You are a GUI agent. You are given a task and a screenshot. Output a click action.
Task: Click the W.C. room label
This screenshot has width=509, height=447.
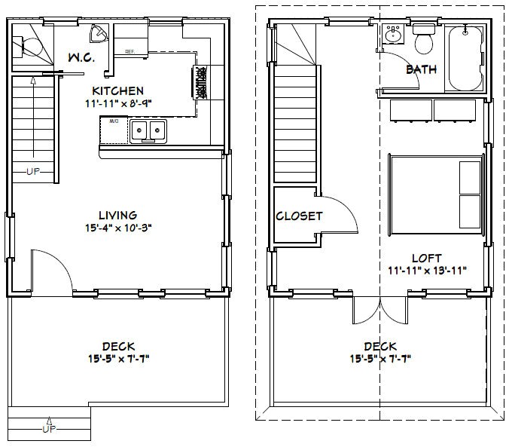click(x=81, y=57)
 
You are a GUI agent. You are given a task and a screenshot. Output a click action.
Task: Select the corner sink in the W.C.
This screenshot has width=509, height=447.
click(x=98, y=35)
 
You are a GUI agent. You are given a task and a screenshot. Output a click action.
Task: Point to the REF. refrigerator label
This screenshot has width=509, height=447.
click(x=130, y=52)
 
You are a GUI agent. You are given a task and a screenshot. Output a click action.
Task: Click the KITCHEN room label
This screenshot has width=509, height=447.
click(x=117, y=90)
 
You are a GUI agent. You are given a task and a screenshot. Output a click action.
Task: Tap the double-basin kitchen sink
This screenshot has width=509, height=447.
click(x=148, y=131)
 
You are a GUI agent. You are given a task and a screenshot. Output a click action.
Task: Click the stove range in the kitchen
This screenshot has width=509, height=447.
click(x=203, y=82)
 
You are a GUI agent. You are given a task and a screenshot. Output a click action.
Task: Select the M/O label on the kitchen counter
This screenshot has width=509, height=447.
click(x=114, y=121)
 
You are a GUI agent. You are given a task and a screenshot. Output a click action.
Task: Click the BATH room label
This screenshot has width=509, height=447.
click(x=421, y=69)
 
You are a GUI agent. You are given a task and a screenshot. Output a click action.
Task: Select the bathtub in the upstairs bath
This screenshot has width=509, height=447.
click(x=465, y=58)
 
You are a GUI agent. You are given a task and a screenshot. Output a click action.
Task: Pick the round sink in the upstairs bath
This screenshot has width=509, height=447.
click(x=393, y=35)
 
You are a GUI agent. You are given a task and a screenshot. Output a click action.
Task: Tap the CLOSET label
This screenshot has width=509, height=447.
click(x=298, y=216)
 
